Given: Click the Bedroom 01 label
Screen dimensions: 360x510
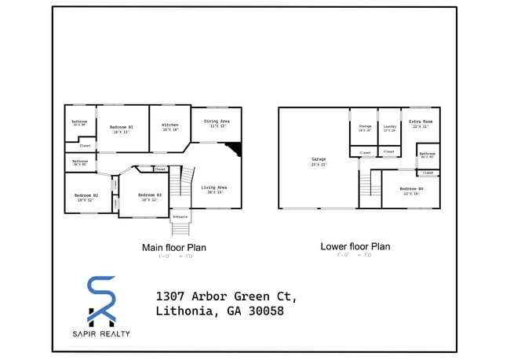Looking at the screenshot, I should point(122,127).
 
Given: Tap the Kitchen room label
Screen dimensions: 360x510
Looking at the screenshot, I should point(170,125).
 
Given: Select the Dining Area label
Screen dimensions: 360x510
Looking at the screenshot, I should point(217,122).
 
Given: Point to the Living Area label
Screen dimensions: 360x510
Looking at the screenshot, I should point(213,187).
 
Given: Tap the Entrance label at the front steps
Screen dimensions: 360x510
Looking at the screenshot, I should point(180,216).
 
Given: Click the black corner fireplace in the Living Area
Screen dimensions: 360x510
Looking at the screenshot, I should point(234,149).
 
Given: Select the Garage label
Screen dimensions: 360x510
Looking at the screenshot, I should point(319,159).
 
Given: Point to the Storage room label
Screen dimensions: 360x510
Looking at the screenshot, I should point(365,125).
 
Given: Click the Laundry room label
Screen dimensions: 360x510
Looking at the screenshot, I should point(390,125).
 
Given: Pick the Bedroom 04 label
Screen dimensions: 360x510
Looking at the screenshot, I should point(410,189).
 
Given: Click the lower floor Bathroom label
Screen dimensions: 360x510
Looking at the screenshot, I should point(427,154).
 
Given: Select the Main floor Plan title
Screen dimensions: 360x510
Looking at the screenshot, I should point(174,247).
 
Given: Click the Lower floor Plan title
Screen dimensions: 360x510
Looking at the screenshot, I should point(355,246).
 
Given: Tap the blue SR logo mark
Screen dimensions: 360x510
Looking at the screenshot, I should point(101,300).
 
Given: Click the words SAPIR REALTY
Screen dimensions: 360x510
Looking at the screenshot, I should point(102,334).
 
